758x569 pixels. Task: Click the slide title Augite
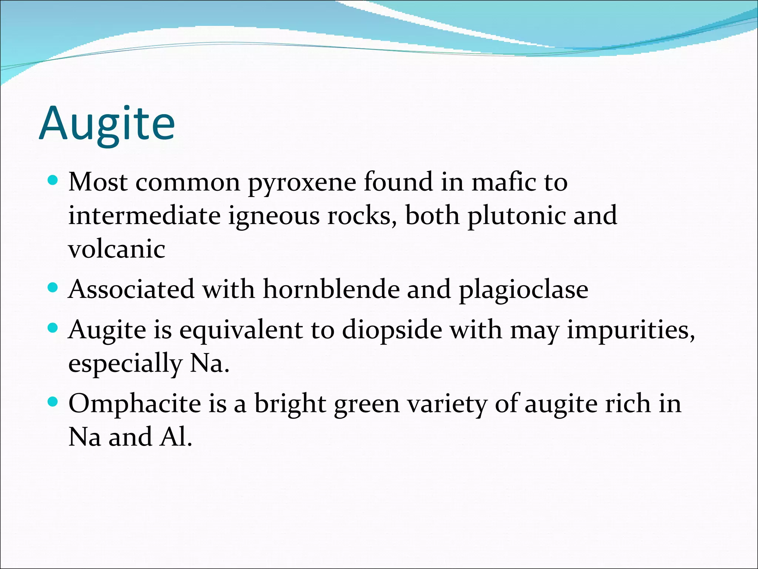(107, 124)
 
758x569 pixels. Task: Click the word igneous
(274, 216)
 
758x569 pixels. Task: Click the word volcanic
(117, 249)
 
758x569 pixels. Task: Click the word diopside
(392, 330)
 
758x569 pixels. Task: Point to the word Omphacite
(134, 404)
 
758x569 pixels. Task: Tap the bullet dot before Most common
(53, 181)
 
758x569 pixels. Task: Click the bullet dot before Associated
(53, 287)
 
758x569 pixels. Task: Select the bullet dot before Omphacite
(53, 402)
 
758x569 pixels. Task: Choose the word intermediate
(144, 216)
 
